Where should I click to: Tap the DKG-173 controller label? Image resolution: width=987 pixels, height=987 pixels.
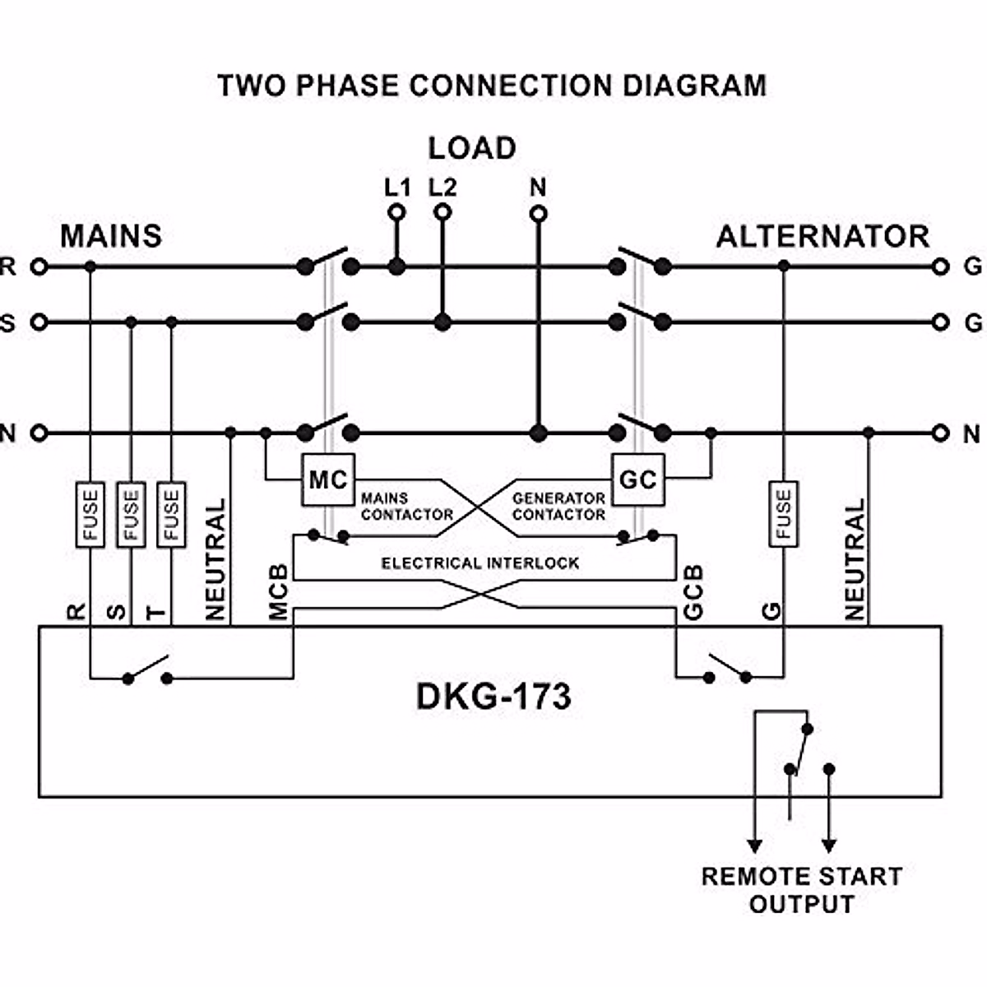tap(493, 697)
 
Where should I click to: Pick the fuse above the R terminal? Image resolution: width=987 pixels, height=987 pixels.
tap(90, 514)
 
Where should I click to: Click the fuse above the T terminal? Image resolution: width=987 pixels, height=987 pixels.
tap(171, 514)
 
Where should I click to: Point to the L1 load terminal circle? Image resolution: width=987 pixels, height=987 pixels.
tap(396, 213)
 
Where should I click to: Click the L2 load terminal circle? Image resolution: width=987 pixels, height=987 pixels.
tap(443, 213)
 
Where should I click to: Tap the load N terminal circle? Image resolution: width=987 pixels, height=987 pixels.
tap(538, 214)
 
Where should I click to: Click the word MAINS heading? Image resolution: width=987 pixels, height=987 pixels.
tap(111, 236)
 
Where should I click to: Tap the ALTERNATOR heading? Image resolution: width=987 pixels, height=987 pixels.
tap(822, 236)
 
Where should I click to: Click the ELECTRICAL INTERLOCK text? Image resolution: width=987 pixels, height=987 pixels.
tap(480, 563)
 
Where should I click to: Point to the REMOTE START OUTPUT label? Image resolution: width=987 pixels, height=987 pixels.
tap(801, 889)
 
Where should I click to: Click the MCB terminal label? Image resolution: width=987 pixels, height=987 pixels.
tap(279, 591)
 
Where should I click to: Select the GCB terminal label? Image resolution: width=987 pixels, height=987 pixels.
tap(693, 591)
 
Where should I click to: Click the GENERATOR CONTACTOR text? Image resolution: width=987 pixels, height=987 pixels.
tap(558, 507)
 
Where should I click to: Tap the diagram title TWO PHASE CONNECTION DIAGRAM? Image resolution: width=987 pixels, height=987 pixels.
tap(492, 86)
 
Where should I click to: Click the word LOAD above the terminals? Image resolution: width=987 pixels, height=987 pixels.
tap(472, 148)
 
